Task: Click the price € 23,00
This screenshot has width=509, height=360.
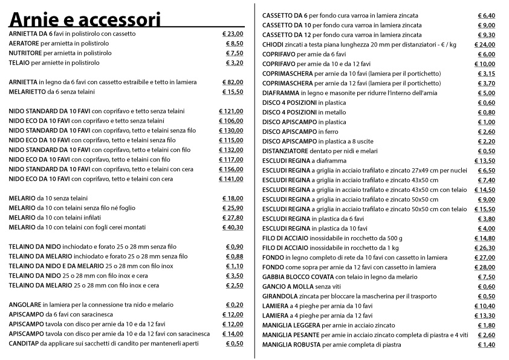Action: coord(233,34)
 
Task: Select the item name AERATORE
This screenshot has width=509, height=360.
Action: coord(24,44)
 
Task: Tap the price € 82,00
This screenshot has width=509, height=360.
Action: coord(233,82)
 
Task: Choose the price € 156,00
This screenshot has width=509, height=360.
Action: coord(232,169)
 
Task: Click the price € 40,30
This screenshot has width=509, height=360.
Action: coord(233,227)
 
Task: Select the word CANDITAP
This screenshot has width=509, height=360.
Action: coord(24,344)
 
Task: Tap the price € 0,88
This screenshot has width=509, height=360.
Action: coord(235,257)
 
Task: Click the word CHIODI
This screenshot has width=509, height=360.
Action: coord(273,45)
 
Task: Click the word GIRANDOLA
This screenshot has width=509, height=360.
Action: coord(280,296)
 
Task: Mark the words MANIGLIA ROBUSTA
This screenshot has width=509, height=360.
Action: coord(290,345)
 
